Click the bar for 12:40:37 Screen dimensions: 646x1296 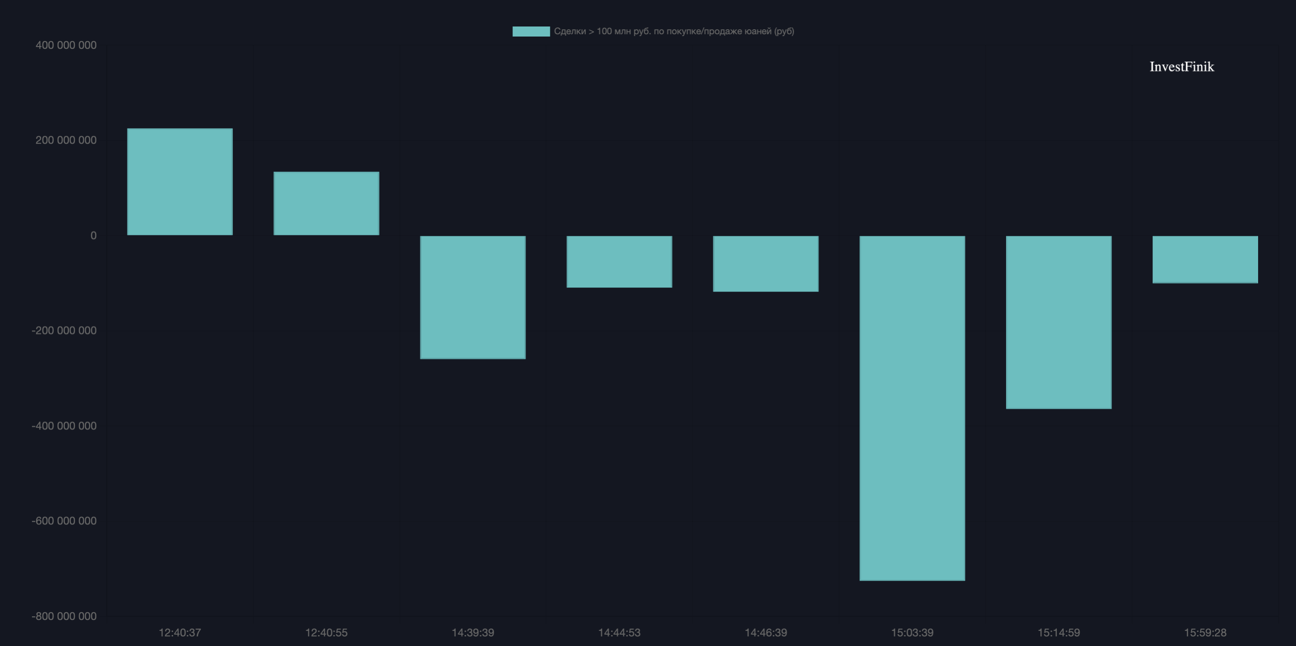click(x=179, y=182)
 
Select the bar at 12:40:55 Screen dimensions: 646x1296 click(x=326, y=203)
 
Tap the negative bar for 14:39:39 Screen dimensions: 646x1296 click(x=473, y=297)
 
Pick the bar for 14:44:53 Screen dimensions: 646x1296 click(x=619, y=261)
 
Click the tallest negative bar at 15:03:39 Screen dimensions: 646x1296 click(x=911, y=408)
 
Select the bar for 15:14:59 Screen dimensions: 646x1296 click(x=1058, y=322)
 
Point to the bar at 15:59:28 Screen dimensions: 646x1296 click(x=1205, y=259)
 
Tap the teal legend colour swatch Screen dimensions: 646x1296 click(x=531, y=31)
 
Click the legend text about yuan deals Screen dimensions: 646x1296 click(x=674, y=31)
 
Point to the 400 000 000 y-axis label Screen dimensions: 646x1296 click(x=66, y=45)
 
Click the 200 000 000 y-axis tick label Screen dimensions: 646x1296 click(x=66, y=140)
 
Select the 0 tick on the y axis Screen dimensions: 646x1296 click(x=93, y=236)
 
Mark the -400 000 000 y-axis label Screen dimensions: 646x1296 click(x=64, y=426)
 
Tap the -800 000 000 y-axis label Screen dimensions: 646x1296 click(x=64, y=616)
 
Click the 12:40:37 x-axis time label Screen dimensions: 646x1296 click(x=179, y=632)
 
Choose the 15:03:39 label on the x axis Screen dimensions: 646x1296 click(x=911, y=632)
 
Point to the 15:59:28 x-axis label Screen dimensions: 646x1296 click(x=1205, y=632)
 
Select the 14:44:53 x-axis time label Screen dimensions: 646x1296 click(x=619, y=632)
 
